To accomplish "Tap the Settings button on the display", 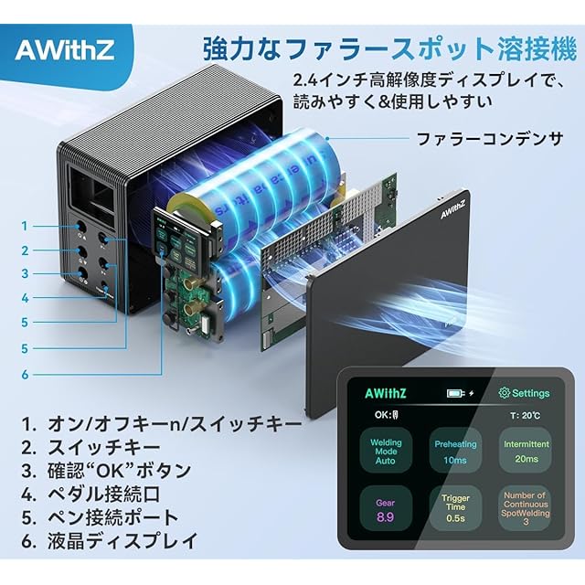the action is tap(524, 393).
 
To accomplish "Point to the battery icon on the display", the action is tap(456, 393).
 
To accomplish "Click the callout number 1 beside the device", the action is tap(25, 226).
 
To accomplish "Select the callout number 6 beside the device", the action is tap(25, 374).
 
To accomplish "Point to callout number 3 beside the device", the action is tap(25, 273).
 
